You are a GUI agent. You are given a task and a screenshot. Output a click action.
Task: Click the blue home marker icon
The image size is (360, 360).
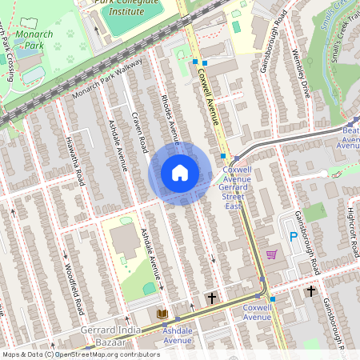click(180, 173)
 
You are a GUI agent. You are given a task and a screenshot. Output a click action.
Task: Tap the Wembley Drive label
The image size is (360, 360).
click(300, 76)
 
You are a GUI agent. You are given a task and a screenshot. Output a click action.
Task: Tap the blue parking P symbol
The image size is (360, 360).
click(293, 237)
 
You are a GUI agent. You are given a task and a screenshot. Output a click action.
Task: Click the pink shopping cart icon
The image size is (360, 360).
click(271, 254)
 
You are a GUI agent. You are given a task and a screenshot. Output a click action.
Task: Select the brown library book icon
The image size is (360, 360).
click(162, 314)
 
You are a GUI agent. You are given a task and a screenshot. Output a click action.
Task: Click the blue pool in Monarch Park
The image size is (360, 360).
click(33, 74)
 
